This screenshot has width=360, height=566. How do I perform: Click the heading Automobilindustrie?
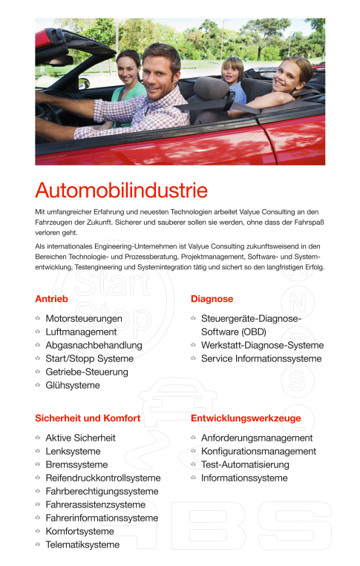pyautogui.click(x=121, y=191)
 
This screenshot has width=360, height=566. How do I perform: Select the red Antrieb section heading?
pyautogui.click(x=52, y=299)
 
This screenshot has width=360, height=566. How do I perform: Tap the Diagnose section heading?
pyautogui.click(x=212, y=299)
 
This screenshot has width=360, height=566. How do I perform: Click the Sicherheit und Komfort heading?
pyautogui.click(x=88, y=418)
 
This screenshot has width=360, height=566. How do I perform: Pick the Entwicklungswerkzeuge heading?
pyautogui.click(x=246, y=418)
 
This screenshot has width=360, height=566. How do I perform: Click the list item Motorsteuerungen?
pyautogui.click(x=84, y=319)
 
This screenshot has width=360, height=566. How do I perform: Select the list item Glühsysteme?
pyautogui.click(x=73, y=386)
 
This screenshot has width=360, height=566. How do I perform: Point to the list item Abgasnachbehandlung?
pyautogui.click(x=94, y=346)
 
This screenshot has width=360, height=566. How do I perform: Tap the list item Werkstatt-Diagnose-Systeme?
pyautogui.click(x=262, y=346)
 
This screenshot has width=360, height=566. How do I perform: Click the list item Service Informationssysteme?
pyautogui.click(x=261, y=359)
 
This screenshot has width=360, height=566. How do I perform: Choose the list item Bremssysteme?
pyautogui.click(x=76, y=465)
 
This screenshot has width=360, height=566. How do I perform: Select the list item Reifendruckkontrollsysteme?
pyautogui.click(x=102, y=478)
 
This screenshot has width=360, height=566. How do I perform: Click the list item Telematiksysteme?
pyautogui.click(x=82, y=545)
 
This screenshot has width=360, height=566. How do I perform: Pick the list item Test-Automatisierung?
pyautogui.click(x=245, y=465)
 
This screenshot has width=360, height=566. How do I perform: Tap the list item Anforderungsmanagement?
pyautogui.click(x=257, y=438)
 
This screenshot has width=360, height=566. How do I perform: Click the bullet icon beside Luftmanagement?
pyautogui.click(x=38, y=332)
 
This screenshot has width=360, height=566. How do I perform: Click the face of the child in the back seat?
pyautogui.click(x=233, y=70)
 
